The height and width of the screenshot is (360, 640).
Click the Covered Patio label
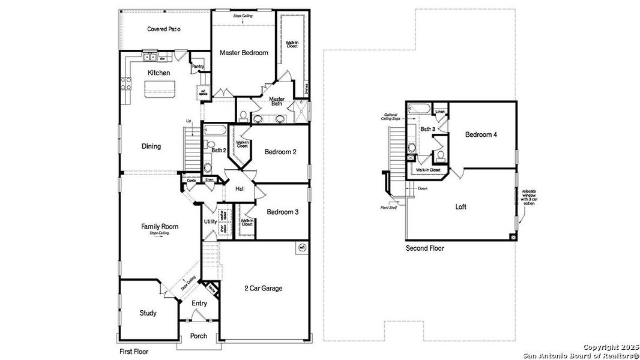pos(164,29)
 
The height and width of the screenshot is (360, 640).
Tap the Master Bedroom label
pos(244,53)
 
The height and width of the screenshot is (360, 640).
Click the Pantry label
pos(198,67)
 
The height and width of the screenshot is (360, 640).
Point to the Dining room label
pos(151,146)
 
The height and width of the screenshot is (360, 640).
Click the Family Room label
pos(160,226)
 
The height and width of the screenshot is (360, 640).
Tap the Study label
pos(148,313)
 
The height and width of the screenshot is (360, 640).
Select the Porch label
pos(199,336)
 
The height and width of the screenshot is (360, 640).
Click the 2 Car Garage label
pos(263,288)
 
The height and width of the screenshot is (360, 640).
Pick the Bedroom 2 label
pos(280,152)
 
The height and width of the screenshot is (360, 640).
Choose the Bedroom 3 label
pos(282,212)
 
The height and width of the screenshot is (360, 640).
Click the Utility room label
pos(210,221)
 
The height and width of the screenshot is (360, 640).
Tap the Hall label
pos(240,189)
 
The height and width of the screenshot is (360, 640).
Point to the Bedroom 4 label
pos(481,134)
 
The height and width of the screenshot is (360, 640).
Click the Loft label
pos(460,206)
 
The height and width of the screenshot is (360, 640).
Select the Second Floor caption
pos(424,248)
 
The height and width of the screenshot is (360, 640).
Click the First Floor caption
pos(133,352)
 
